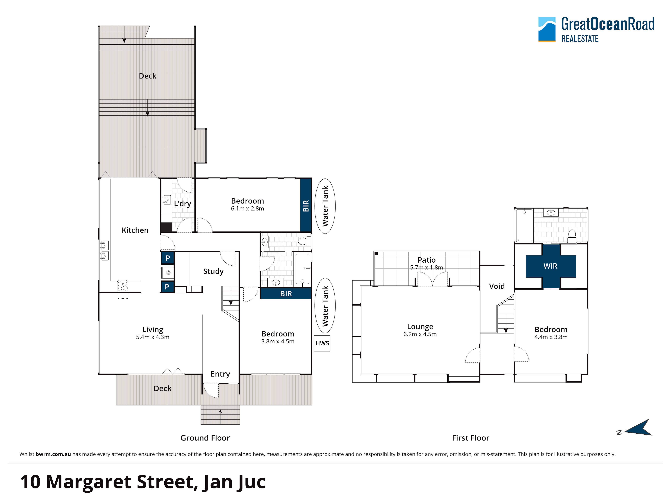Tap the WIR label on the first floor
pos(550,266)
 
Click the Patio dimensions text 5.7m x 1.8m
pos(426,267)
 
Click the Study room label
pos(213,271)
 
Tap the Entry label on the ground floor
pos(220,374)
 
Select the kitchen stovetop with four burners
pos(123,286)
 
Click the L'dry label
pos(182,203)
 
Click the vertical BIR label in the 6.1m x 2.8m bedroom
pos(306,206)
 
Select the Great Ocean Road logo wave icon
pos(547,29)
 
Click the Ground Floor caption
pos(205,438)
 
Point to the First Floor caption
pos(471,438)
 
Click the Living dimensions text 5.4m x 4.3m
pos(153,337)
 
